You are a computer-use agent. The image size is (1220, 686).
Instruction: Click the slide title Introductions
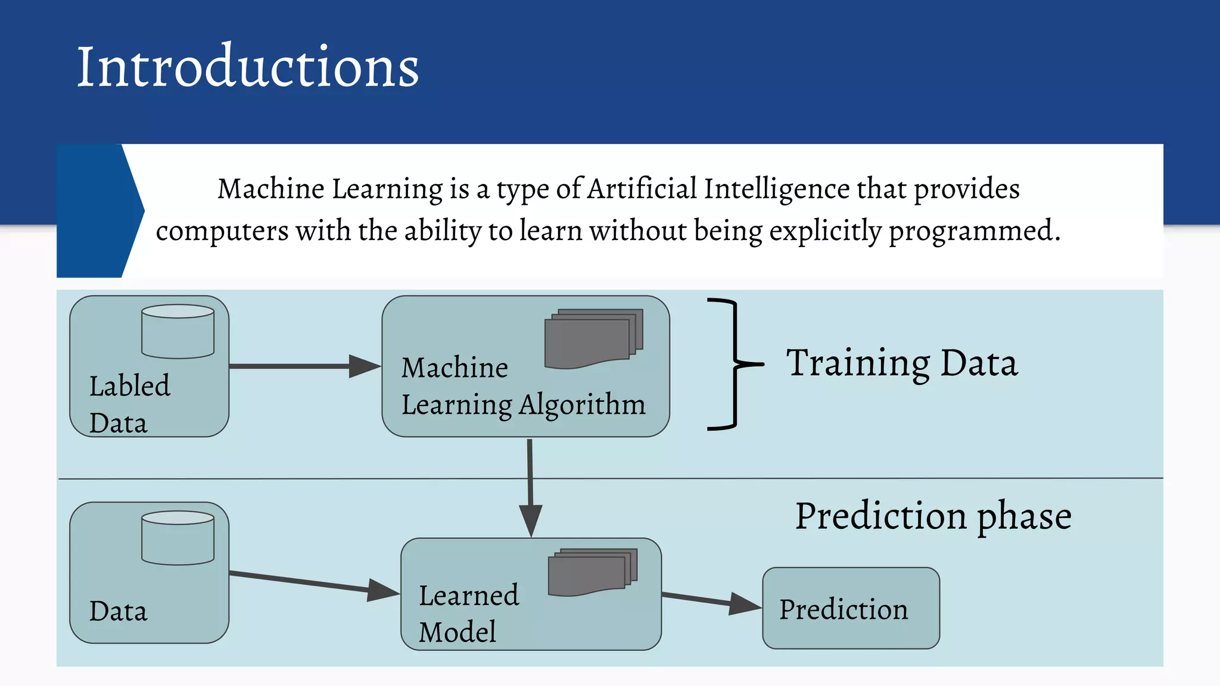tap(248, 67)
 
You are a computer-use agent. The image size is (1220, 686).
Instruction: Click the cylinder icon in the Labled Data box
tap(178, 331)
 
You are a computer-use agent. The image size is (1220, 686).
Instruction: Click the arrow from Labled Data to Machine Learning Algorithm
tap(304, 366)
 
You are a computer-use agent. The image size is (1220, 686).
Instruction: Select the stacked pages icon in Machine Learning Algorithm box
tap(593, 339)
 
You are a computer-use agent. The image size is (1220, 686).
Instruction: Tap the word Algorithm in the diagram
tap(582, 405)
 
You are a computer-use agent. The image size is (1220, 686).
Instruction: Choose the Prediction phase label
tap(933, 516)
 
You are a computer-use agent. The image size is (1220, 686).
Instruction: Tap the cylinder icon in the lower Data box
tap(178, 537)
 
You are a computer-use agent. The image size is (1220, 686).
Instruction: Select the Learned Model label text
tap(468, 613)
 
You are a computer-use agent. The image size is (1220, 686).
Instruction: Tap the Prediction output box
tap(851, 609)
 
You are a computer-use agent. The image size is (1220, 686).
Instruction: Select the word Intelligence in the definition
tap(777, 189)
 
